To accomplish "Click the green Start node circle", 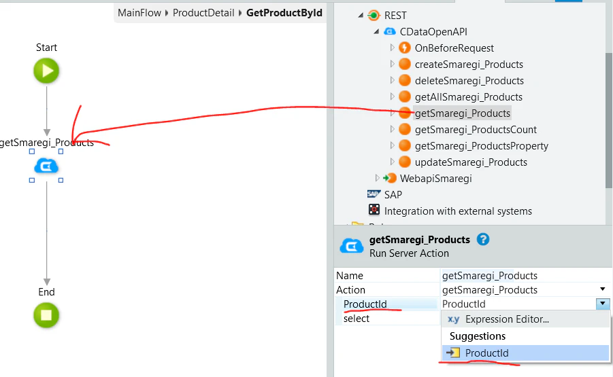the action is (x=46, y=71).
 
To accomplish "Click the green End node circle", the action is (x=46, y=315).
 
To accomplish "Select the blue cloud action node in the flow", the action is (x=46, y=166).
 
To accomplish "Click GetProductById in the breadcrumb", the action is (x=284, y=13).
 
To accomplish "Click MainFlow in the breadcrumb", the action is (x=139, y=13).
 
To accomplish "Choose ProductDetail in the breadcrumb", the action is (x=203, y=13).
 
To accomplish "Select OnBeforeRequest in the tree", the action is (x=454, y=48).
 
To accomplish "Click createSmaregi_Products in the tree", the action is (x=469, y=65).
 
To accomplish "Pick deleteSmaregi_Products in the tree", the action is (x=469, y=81).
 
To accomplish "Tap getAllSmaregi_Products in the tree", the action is (x=468, y=96).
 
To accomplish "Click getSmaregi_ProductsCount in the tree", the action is (x=476, y=130).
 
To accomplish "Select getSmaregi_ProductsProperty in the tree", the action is (x=481, y=146).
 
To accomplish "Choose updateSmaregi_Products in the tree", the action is (x=471, y=162).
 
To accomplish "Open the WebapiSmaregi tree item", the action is (x=435, y=179).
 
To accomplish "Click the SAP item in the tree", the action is (x=393, y=195).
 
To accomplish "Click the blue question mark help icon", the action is (x=483, y=239).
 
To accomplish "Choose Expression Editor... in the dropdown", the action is (x=507, y=319).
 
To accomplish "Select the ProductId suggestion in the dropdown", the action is (x=486, y=353).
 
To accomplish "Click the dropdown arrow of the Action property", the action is (x=602, y=289).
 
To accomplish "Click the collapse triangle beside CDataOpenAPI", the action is (x=376, y=32).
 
